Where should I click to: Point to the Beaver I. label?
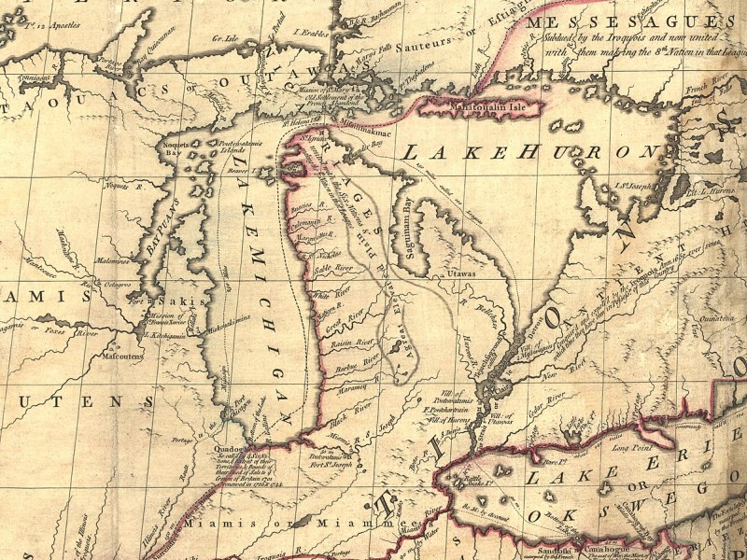[242, 172]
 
